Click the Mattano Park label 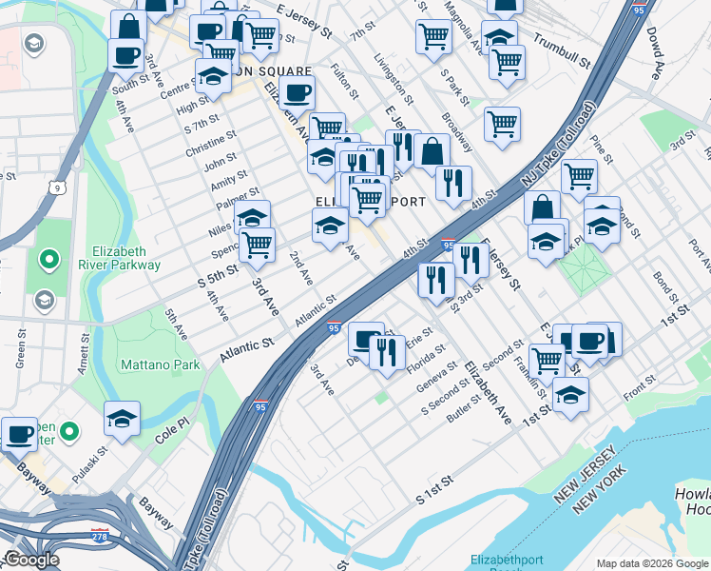160,364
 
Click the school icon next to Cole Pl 123,419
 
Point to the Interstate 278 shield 99,535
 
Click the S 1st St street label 437,496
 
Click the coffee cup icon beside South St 125,54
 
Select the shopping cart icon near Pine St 578,175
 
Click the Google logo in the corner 32,560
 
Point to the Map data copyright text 651,563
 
